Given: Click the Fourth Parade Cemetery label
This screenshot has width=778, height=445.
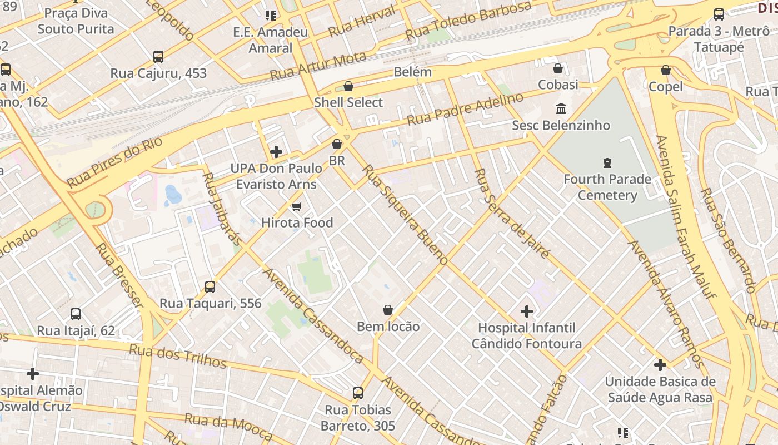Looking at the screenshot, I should coord(607,187).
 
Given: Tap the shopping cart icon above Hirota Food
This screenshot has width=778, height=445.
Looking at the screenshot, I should coord(297,207).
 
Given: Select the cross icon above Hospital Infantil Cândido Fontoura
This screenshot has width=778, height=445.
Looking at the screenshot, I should coord(526,311).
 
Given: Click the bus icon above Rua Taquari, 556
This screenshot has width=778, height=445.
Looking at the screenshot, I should coord(210,287).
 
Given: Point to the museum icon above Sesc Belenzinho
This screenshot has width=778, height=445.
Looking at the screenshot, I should coord(561,108).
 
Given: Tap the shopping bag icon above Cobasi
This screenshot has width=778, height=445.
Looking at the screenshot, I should coord(558,68).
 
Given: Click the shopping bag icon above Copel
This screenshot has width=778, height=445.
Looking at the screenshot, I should coord(665,70).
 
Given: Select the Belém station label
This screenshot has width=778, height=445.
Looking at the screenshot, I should coord(412,72).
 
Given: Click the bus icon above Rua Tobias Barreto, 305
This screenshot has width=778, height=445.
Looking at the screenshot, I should coord(358,393).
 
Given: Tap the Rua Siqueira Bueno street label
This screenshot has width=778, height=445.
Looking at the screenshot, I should coord(405,215).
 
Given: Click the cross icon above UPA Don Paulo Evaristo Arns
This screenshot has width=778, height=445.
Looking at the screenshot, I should coord(276,152).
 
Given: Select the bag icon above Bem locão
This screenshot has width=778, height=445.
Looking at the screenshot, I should coord(388,310).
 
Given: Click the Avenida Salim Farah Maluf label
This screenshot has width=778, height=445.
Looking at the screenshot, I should coord(685,217).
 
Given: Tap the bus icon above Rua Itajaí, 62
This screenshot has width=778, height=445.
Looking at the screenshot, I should coord(76,314).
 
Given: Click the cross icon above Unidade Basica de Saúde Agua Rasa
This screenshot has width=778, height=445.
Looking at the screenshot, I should coord(660,365).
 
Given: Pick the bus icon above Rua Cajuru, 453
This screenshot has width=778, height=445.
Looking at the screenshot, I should coord(158,56).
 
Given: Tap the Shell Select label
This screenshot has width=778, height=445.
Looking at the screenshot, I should coord(348,102).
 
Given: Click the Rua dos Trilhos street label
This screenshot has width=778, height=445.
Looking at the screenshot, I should coord(178,356).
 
